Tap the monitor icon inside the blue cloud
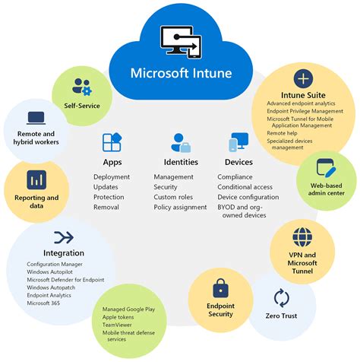pyautogui.click(x=180, y=42)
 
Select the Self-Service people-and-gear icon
pyautogui.click(x=82, y=86)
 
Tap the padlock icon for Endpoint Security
pyautogui.click(x=220, y=288)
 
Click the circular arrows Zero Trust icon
pyautogui.click(x=282, y=297)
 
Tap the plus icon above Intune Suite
pyautogui.click(x=304, y=78)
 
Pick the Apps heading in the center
pyautogui.click(x=112, y=161)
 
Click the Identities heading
pyautogui.click(x=181, y=161)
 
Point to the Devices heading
pyautogui.click(x=238, y=161)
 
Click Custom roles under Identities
pyautogui.click(x=173, y=196)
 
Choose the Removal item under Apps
pyautogui.click(x=106, y=206)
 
